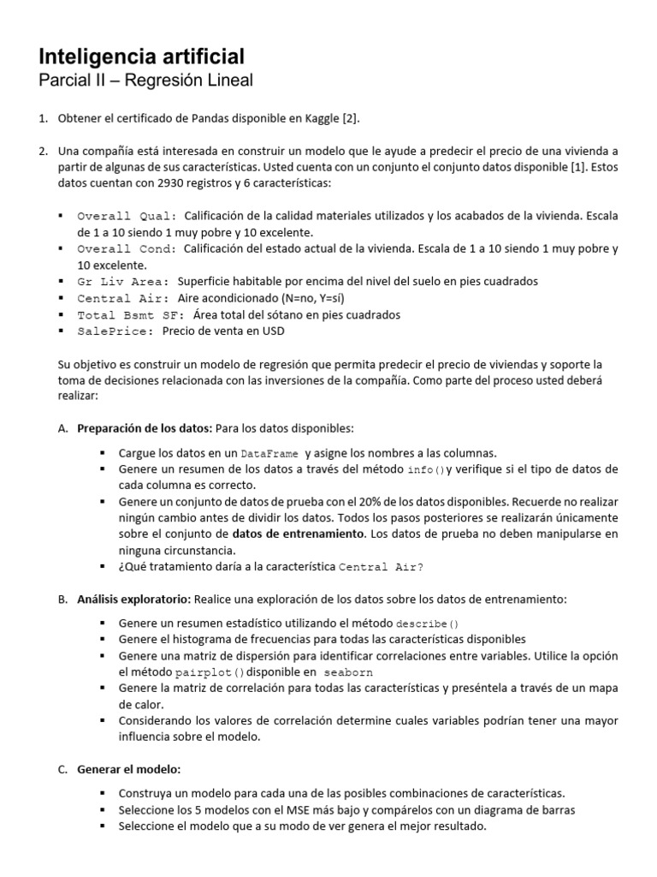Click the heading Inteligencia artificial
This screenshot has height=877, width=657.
click(142, 57)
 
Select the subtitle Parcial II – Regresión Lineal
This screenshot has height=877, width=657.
click(146, 81)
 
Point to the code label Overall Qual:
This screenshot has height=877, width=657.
click(127, 217)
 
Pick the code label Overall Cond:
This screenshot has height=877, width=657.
click(127, 249)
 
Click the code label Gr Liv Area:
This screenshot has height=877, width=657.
click(123, 282)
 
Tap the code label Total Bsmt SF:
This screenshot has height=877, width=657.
click(129, 315)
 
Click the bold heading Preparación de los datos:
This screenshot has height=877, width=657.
click(145, 428)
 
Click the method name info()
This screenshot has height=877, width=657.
click(425, 470)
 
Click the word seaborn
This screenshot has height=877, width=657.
click(349, 673)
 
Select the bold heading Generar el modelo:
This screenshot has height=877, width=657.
click(129, 769)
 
